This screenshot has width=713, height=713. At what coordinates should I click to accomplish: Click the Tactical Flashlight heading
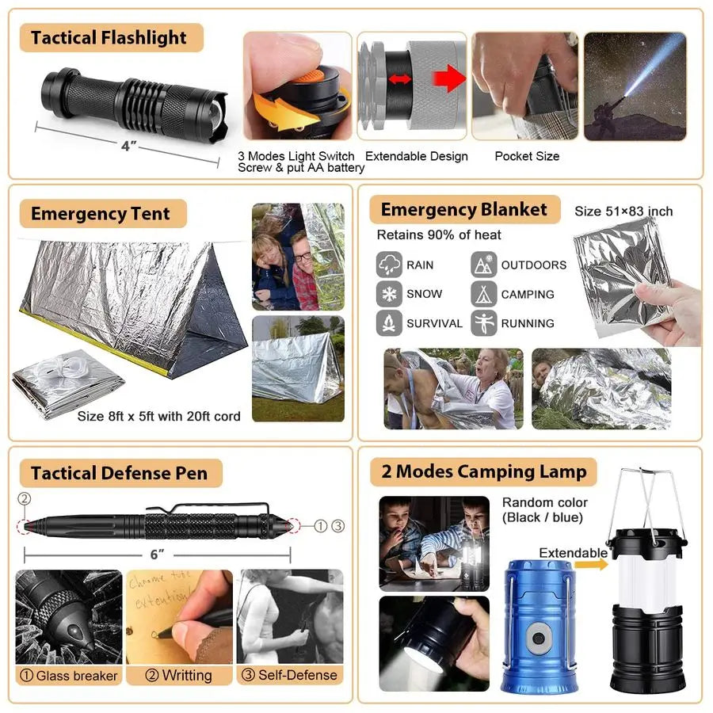109,38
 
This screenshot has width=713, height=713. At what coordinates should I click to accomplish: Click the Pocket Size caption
527,156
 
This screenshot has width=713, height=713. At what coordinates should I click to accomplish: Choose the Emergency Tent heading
100,214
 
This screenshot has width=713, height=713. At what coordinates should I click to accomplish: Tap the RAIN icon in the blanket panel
389,265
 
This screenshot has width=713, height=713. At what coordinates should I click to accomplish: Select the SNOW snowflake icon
389,294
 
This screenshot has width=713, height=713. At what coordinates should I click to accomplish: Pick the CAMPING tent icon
484,294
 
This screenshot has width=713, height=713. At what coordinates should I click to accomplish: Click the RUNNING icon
484,323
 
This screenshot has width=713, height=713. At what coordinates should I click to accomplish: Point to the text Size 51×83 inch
623,212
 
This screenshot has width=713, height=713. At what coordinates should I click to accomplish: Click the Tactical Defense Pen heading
119,474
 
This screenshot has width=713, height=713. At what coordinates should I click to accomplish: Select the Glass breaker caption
69,676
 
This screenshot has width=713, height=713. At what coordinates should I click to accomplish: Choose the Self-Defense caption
290,676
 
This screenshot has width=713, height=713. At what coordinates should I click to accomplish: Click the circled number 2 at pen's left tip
24,499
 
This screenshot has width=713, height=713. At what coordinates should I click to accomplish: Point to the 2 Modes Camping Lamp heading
483,472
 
